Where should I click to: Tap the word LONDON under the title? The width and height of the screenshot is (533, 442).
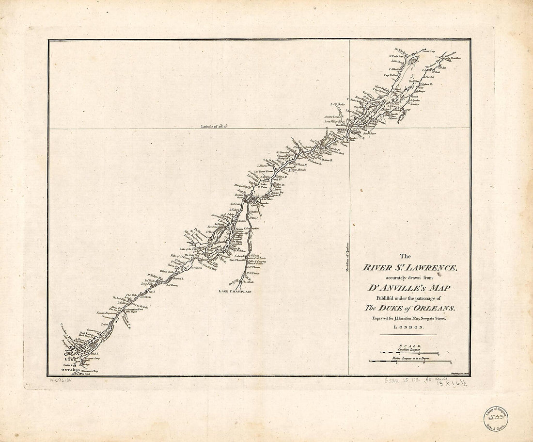(408, 327)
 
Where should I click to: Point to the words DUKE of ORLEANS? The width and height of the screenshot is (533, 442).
(410, 308)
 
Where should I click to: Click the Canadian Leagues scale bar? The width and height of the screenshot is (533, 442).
(409, 353)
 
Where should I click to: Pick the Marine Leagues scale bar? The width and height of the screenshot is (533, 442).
(410, 361)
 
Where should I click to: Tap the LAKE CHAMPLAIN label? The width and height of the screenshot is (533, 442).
(230, 291)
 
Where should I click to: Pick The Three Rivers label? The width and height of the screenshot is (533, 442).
(264, 172)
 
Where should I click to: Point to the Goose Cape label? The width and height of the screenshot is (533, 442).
(429, 50)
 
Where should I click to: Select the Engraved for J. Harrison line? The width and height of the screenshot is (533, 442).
(408, 318)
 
